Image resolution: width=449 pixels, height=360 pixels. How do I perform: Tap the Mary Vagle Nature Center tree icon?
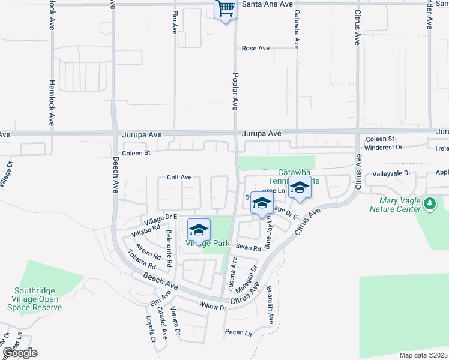430,204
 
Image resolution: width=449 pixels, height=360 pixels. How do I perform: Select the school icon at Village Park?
199,230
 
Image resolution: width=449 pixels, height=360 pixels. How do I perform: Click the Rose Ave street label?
255,49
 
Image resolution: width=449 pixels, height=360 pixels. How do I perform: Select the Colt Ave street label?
179,178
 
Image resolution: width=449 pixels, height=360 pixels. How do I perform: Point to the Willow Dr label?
212,307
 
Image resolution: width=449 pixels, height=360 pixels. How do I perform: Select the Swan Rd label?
248,247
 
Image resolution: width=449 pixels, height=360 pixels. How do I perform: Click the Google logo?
20,353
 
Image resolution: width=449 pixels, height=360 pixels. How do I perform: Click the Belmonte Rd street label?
169,248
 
